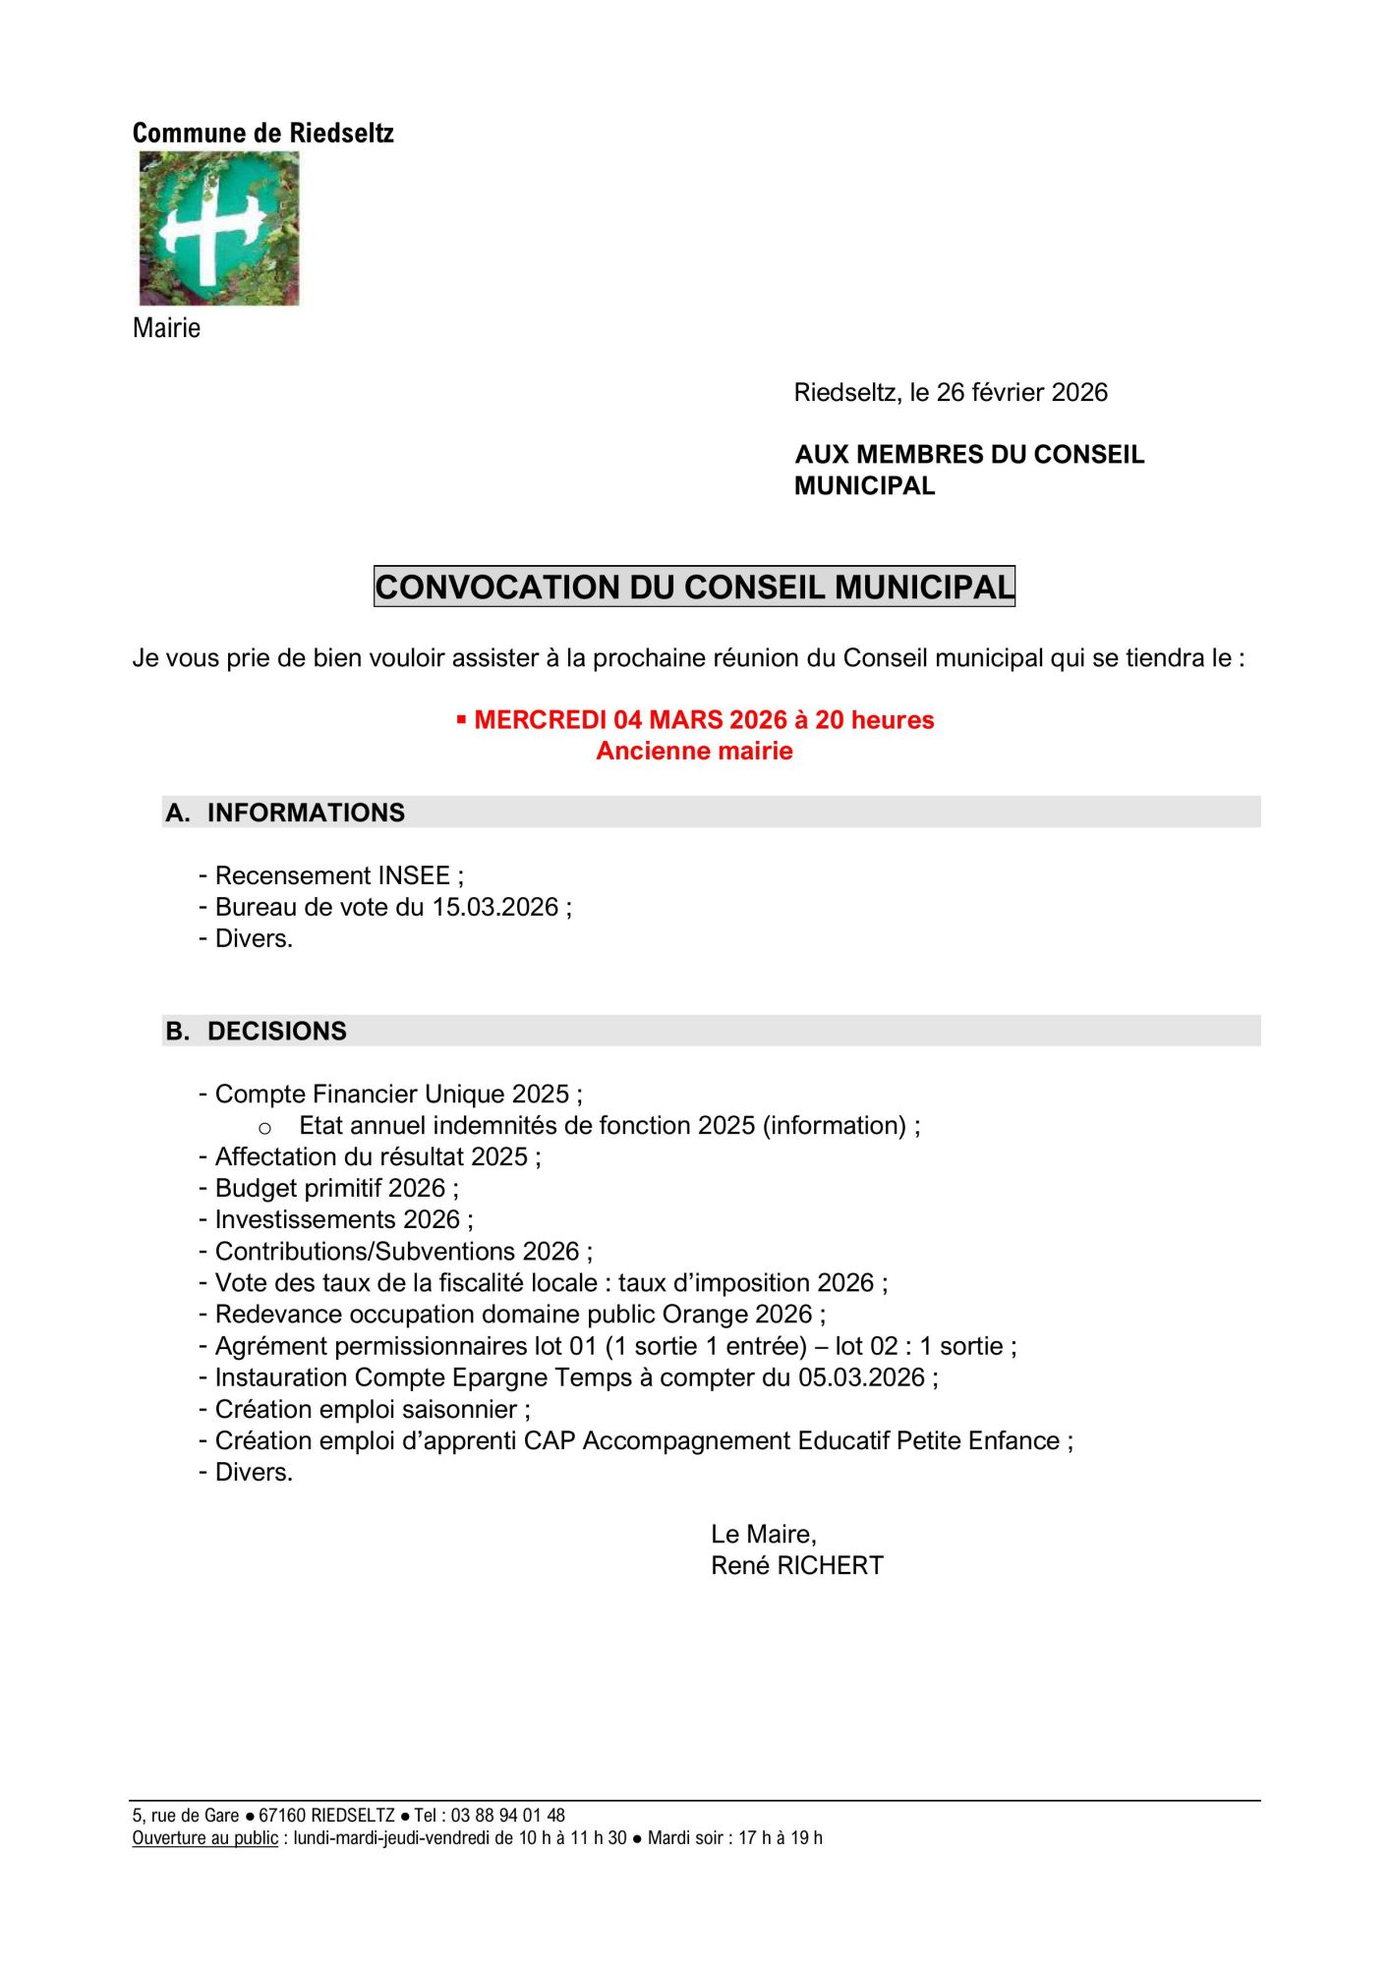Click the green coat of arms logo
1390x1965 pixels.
click(x=218, y=228)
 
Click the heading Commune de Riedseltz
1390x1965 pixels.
click(x=262, y=133)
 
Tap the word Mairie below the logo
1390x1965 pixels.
click(x=166, y=328)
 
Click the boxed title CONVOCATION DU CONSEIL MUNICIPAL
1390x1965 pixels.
click(x=694, y=587)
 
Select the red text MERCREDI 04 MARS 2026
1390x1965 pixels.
click(x=630, y=720)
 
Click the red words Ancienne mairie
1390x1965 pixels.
click(x=694, y=752)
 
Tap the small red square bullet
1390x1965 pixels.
click(x=461, y=720)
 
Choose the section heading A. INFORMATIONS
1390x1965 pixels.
click(x=285, y=813)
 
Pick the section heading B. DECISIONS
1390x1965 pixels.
click(x=256, y=1031)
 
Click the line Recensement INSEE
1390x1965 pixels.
click(x=332, y=875)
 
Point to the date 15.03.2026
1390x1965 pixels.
click(x=495, y=907)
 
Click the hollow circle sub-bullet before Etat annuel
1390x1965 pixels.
click(x=264, y=1128)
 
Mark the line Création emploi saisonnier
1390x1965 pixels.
click(x=366, y=1409)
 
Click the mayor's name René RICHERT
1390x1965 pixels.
click(x=797, y=1566)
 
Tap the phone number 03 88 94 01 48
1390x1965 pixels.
click(x=508, y=1816)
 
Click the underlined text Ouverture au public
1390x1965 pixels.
click(x=205, y=1837)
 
